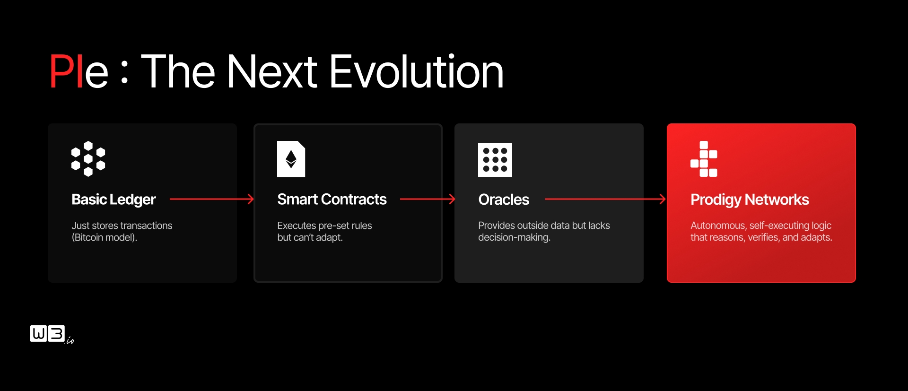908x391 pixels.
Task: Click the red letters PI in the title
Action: click(x=66, y=71)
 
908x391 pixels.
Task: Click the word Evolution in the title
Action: click(x=416, y=71)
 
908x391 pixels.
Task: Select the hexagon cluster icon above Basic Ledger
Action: click(x=88, y=159)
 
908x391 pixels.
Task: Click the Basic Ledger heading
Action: click(x=113, y=200)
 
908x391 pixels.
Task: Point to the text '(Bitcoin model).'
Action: click(x=105, y=237)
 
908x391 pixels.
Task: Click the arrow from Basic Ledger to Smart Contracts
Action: click(x=212, y=200)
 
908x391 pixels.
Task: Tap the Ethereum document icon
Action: click(x=291, y=159)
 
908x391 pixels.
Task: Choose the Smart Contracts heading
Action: click(x=332, y=200)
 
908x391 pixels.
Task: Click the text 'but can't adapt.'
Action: click(x=310, y=237)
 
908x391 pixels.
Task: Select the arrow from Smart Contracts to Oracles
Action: click(x=428, y=200)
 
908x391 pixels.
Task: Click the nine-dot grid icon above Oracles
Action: click(x=495, y=160)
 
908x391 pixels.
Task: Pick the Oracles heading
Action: click(x=504, y=200)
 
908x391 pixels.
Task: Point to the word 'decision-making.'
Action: click(x=514, y=237)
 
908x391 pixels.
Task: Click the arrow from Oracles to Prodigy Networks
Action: click(x=605, y=200)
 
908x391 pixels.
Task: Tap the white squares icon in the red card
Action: click(x=704, y=159)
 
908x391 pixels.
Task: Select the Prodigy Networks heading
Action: click(x=750, y=200)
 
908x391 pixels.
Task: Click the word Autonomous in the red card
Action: click(x=718, y=226)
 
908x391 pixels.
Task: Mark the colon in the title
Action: click(x=124, y=72)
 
